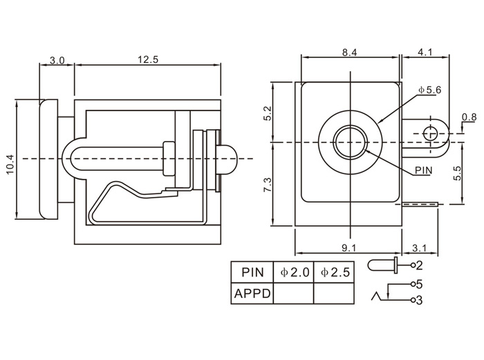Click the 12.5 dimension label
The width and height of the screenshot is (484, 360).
point(147,60)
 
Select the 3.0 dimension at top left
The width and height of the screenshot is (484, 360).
point(57,60)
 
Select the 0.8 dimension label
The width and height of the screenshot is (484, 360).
point(469,117)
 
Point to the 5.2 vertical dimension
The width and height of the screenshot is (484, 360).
point(267,113)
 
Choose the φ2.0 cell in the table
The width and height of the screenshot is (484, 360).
point(294,273)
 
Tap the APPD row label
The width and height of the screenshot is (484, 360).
point(253,294)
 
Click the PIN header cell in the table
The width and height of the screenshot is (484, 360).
point(252,273)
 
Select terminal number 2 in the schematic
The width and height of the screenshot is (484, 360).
point(419,265)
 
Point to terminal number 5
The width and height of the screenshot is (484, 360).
point(419,283)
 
